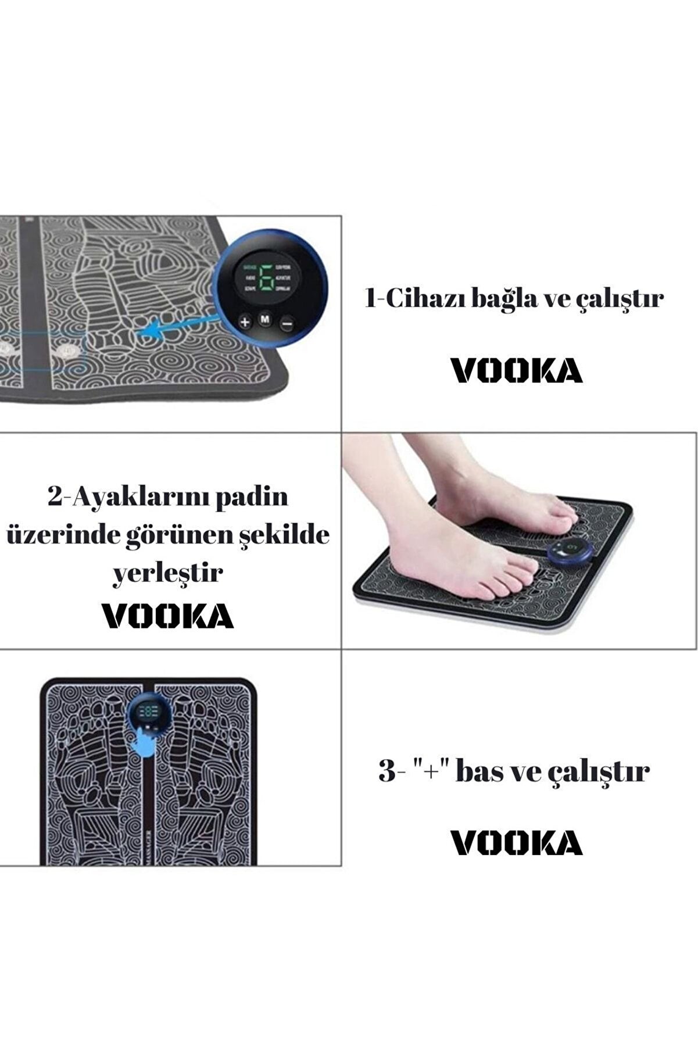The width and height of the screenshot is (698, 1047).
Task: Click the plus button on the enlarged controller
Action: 245,321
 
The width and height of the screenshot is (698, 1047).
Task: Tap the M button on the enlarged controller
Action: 265,319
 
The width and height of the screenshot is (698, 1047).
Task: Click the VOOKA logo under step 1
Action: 517,370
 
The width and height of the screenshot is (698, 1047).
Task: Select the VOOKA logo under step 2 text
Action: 168,616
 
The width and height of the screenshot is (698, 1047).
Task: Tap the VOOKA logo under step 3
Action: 517,843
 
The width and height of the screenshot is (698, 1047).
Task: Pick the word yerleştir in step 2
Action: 167,573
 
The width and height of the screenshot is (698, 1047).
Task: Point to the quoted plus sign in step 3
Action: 427,771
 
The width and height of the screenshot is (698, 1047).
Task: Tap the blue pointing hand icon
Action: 145,745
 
